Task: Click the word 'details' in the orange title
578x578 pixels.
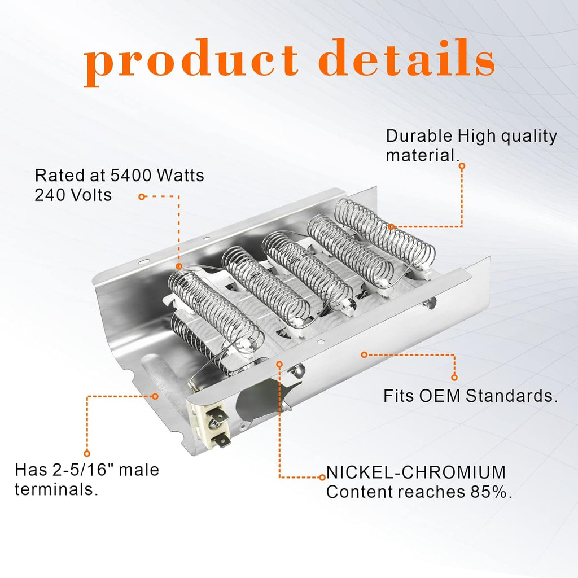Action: [406, 57]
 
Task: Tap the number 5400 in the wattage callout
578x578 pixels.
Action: [131, 176]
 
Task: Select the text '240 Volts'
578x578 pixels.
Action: [73, 195]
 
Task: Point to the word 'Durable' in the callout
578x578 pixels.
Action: [419, 136]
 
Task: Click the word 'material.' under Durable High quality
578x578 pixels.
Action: [423, 155]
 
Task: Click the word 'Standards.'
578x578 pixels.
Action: [511, 396]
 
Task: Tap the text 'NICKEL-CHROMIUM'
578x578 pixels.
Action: [416, 472]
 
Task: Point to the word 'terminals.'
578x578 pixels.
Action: [56, 489]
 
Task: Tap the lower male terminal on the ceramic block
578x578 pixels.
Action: [222, 440]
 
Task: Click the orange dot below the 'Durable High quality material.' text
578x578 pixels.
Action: [462, 167]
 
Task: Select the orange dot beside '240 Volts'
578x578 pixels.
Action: [142, 197]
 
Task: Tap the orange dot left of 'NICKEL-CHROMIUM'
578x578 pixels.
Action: [322, 478]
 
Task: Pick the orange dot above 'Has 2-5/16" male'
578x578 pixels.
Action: [87, 453]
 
